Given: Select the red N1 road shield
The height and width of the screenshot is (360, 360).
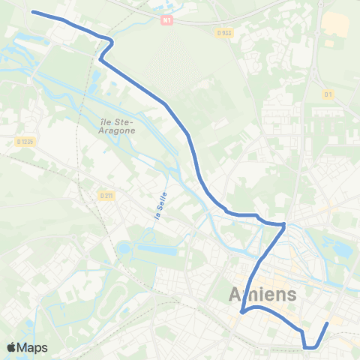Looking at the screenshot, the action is pyautogui.click(x=166, y=20).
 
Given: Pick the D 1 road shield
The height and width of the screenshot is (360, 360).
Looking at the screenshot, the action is pyautogui.click(x=328, y=94).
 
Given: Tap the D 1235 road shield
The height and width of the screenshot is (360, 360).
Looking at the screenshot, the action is pyautogui.click(x=25, y=140).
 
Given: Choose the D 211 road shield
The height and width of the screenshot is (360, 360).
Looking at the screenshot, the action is pyautogui.click(x=106, y=196).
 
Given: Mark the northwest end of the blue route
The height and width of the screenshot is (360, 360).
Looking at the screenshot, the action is pyautogui.click(x=32, y=11).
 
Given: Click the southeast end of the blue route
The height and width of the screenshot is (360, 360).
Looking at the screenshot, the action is pyautogui.click(x=328, y=323).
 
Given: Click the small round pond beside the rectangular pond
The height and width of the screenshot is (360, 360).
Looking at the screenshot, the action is pyautogui.click(x=124, y=248).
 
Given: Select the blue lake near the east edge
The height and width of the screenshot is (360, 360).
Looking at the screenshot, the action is pyautogui.click(x=341, y=247).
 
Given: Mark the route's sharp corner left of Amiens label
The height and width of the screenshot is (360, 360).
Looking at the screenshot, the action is pyautogui.click(x=241, y=312).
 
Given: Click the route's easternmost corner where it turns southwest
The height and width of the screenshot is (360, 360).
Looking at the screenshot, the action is pyautogui.click(x=285, y=224).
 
